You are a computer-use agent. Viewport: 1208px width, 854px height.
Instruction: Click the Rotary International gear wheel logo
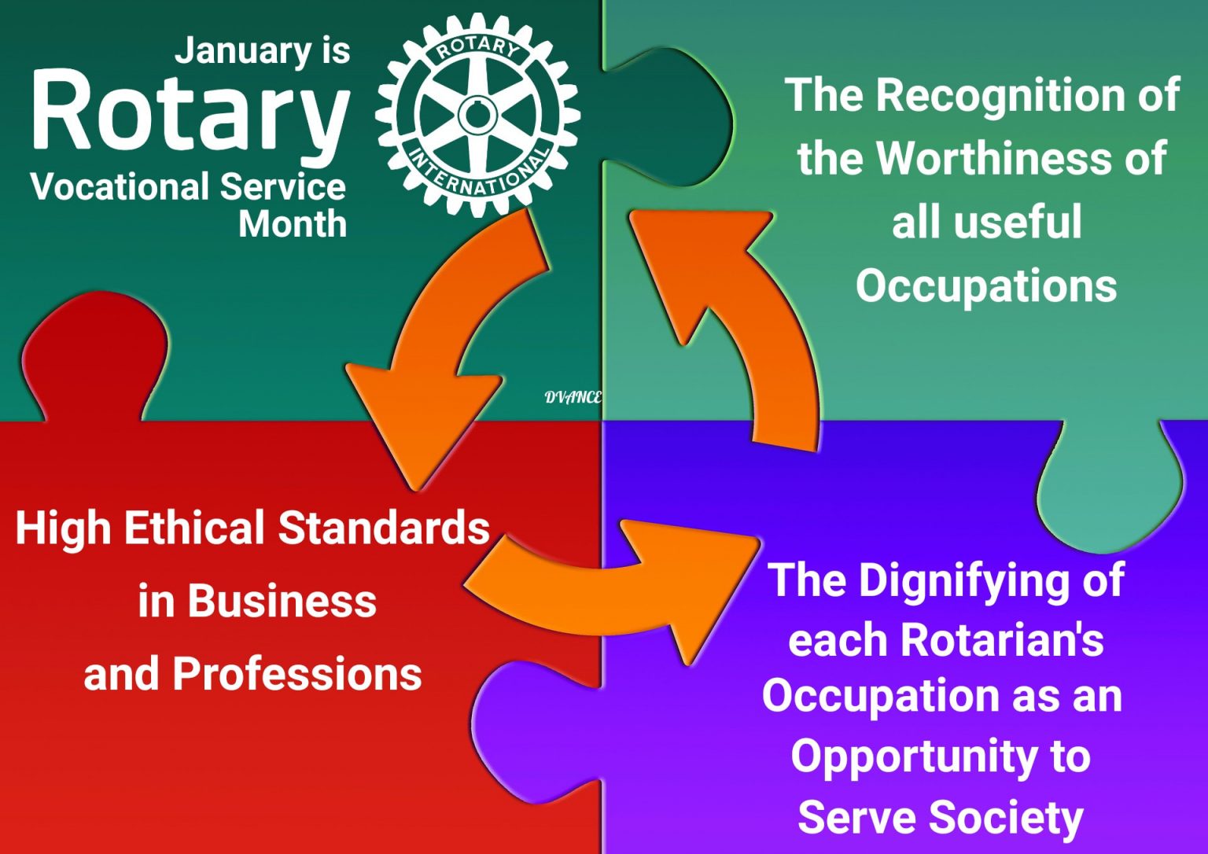tap(477, 115)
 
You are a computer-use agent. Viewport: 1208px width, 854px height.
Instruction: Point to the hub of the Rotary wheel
tap(477, 115)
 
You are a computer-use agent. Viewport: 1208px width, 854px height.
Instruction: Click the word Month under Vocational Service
tap(293, 224)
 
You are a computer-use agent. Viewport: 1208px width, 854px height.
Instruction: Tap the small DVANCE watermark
tap(573, 397)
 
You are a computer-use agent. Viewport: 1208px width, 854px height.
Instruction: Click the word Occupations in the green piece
tap(986, 286)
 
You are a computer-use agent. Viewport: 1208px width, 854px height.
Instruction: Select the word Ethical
tap(195, 528)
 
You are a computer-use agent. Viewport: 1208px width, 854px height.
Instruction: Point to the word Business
tap(282, 601)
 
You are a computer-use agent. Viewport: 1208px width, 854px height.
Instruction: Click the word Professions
tap(297, 674)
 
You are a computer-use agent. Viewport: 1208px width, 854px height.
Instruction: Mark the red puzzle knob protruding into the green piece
tap(95, 355)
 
